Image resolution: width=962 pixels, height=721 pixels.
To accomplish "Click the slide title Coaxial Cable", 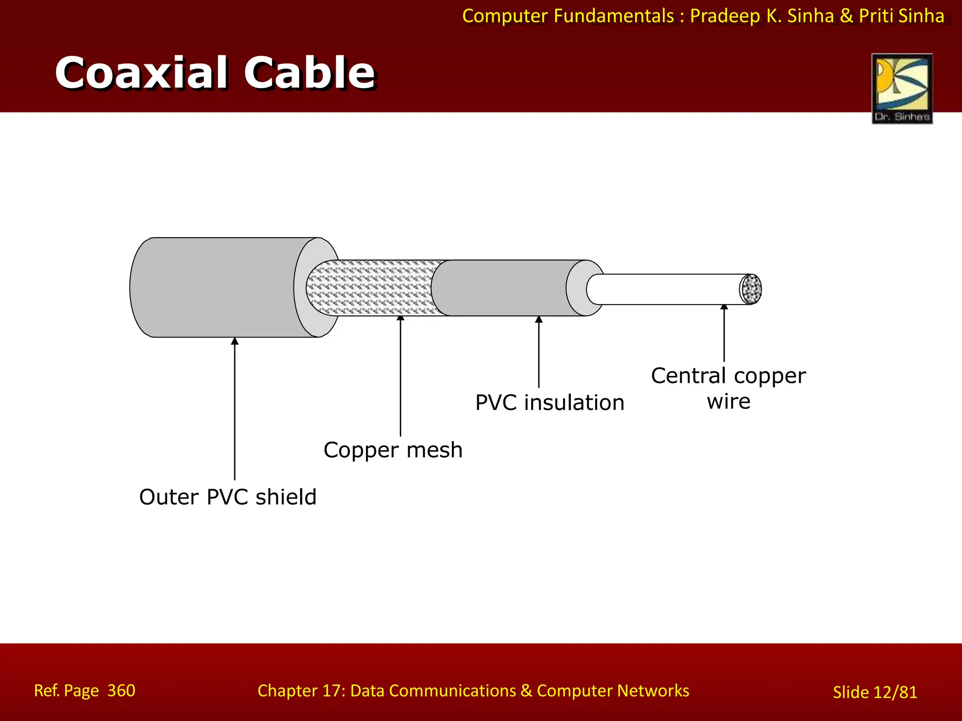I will pos(215,73).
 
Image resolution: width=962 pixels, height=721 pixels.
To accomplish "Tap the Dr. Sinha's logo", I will pos(902,89).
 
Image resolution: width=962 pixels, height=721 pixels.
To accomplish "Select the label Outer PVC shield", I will pos(228,497).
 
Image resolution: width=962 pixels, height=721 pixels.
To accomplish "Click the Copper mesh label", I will pos(393,450).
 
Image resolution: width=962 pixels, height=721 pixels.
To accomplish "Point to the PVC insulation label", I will pos(550,403).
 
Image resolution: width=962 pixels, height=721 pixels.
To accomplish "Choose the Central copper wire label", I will pos(728,388).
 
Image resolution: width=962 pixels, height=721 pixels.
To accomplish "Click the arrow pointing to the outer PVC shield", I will pos(235,408).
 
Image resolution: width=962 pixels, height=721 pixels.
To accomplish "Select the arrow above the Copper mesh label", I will pos(401,376).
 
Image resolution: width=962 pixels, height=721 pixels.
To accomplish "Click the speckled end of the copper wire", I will pos(751,289).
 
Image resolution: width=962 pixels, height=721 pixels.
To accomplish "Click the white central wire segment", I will pos(662,289).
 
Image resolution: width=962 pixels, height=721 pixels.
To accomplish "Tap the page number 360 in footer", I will pos(121,690).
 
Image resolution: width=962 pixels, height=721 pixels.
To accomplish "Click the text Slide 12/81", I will pos(875,692).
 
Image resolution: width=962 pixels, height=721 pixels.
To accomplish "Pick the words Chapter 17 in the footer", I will pos(301,691).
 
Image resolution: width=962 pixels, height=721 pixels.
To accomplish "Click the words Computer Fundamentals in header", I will pos(568,16).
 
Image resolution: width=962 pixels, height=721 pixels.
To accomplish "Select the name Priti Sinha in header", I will pos(901,16).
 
